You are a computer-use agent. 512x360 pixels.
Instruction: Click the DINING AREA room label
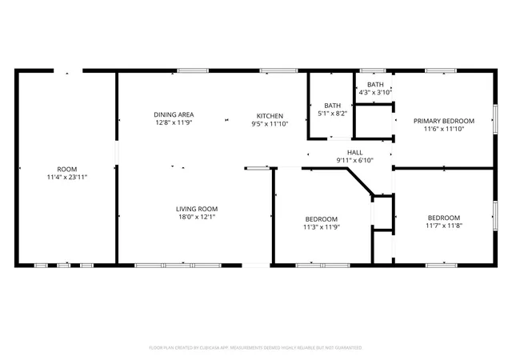click(x=174, y=114)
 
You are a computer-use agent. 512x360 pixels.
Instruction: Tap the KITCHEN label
click(x=270, y=116)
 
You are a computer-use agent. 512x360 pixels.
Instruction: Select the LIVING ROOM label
click(x=197, y=209)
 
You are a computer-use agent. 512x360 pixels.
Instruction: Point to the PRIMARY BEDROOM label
click(x=444, y=121)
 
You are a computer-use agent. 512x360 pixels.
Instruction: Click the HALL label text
click(x=354, y=153)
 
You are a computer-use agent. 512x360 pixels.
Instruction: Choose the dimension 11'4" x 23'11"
click(x=67, y=178)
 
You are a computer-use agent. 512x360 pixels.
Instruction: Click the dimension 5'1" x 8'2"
click(x=333, y=114)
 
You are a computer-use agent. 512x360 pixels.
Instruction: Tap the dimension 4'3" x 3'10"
click(x=375, y=93)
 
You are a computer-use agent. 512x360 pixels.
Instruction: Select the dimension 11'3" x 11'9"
click(x=322, y=227)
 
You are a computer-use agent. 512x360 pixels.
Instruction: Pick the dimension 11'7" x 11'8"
click(x=444, y=226)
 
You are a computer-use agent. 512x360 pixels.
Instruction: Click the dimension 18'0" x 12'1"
click(x=197, y=217)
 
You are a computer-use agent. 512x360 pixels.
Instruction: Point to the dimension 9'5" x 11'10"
click(x=270, y=124)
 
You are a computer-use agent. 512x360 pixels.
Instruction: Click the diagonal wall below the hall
click(x=361, y=182)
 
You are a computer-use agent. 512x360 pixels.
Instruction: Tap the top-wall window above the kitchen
click(x=279, y=70)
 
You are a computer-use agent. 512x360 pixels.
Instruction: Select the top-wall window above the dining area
click(x=193, y=70)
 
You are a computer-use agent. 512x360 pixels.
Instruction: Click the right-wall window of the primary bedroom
click(x=495, y=119)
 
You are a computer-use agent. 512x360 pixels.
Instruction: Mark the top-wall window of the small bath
click(x=373, y=70)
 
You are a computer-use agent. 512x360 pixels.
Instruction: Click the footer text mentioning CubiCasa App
click(x=256, y=348)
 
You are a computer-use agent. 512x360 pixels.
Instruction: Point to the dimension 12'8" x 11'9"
click(x=174, y=123)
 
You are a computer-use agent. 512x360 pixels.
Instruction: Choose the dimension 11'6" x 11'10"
click(x=444, y=129)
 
